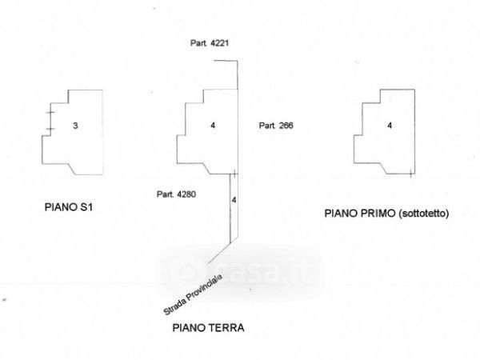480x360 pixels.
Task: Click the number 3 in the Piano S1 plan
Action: pyautogui.click(x=75, y=126)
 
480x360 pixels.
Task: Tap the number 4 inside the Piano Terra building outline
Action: pyautogui.click(x=213, y=126)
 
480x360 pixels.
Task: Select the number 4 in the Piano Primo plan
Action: pyautogui.click(x=390, y=126)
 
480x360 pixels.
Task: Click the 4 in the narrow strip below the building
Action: pyautogui.click(x=234, y=200)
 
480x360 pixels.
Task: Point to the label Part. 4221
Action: pyautogui.click(x=210, y=43)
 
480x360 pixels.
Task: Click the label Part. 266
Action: pyautogui.click(x=276, y=126)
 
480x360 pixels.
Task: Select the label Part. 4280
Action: pyautogui.click(x=176, y=194)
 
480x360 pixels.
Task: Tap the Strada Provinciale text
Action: pyautogui.click(x=193, y=294)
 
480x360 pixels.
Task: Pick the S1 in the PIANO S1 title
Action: pyautogui.click(x=86, y=207)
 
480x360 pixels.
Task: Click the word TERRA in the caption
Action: pyautogui.click(x=227, y=328)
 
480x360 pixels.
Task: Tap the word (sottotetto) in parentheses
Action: pyautogui.click(x=424, y=214)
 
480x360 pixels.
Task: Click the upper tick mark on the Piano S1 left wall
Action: pyautogui.click(x=50, y=113)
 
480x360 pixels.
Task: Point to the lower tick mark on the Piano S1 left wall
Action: pyautogui.click(x=50, y=129)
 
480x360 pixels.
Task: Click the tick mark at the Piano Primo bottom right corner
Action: pyautogui.click(x=410, y=174)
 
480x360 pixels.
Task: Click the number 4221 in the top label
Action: pyautogui.click(x=219, y=43)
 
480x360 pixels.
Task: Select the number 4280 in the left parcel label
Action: pyautogui.click(x=186, y=194)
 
